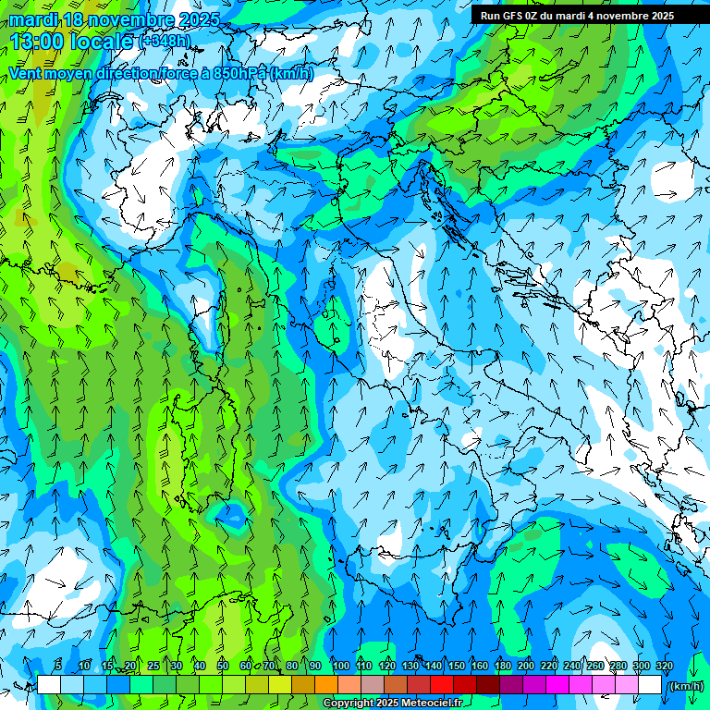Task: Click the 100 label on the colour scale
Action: pos(341,667)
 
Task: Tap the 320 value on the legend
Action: pos(665,667)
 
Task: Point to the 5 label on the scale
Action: pos(58,667)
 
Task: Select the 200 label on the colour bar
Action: pos(526,667)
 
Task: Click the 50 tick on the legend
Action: pos(223,667)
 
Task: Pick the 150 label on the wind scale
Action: pos(457,667)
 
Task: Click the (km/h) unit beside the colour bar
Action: pos(686,685)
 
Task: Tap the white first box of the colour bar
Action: pos(49,685)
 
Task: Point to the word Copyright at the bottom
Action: pos(348,704)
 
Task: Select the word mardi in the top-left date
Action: pos(34,19)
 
